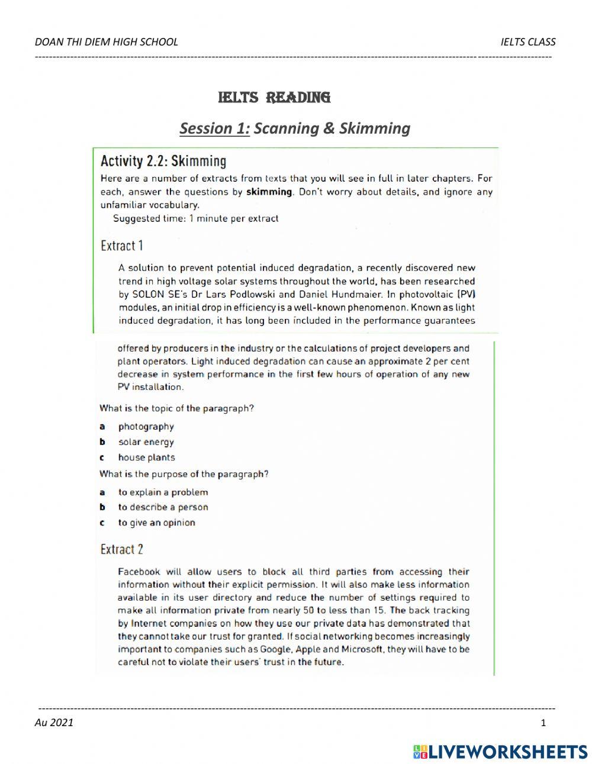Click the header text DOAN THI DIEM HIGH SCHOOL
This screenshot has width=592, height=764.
pyautogui.click(x=107, y=41)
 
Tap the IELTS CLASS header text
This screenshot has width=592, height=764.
pyautogui.click(x=527, y=41)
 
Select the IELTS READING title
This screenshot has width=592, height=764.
pyautogui.click(x=274, y=97)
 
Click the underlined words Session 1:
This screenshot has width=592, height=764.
pyautogui.click(x=214, y=128)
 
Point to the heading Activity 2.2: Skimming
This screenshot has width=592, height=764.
pyautogui.click(x=163, y=161)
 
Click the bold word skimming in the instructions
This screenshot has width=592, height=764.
pyautogui.click(x=269, y=192)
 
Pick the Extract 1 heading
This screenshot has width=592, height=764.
pyautogui.click(x=122, y=246)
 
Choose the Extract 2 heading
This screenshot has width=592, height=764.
pyautogui.click(x=122, y=549)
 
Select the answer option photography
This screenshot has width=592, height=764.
pyautogui.click(x=146, y=427)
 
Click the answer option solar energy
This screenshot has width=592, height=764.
pyautogui.click(x=146, y=442)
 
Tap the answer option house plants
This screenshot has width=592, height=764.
pyautogui.click(x=146, y=457)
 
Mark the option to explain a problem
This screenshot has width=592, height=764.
pyautogui.click(x=163, y=492)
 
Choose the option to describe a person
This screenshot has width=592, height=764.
pyautogui.click(x=163, y=507)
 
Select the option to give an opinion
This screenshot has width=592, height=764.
pyautogui.click(x=156, y=523)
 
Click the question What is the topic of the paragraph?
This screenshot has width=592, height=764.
pyautogui.click(x=176, y=408)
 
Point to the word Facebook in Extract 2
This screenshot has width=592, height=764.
pyautogui.click(x=139, y=572)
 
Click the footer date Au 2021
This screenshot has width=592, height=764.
pyautogui.click(x=54, y=722)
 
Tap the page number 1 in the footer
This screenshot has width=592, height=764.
pyautogui.click(x=543, y=723)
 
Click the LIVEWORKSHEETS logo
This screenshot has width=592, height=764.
pyautogui.click(x=500, y=752)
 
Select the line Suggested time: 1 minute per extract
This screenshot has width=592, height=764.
pyautogui.click(x=195, y=218)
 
